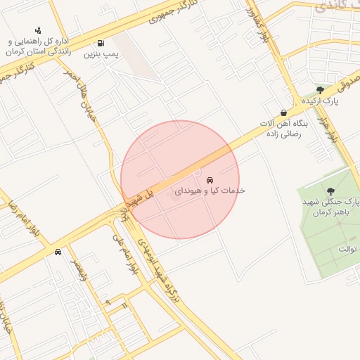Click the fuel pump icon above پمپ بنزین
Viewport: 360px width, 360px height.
point(101,42)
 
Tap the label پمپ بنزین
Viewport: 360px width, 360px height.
point(101,53)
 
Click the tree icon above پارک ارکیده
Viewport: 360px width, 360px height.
point(321,90)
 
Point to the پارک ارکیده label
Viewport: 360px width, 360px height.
point(321,101)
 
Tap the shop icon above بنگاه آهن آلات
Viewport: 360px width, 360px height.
point(283,112)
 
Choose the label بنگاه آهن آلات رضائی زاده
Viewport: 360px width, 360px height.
point(280,129)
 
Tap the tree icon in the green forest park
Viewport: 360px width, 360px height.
point(330,191)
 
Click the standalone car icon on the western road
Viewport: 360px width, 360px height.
point(57,251)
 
